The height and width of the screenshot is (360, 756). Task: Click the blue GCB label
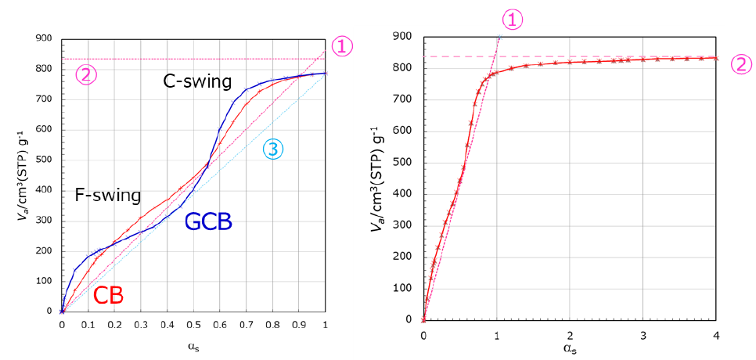(x=208, y=222)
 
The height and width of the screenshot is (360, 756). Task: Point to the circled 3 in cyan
(x=272, y=149)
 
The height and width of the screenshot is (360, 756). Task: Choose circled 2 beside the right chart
(x=740, y=64)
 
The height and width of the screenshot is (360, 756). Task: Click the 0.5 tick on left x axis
(x=193, y=326)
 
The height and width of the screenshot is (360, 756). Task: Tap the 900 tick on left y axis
(x=45, y=38)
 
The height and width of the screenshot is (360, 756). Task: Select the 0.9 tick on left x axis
(x=299, y=326)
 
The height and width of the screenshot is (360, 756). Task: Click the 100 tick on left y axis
(x=45, y=281)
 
